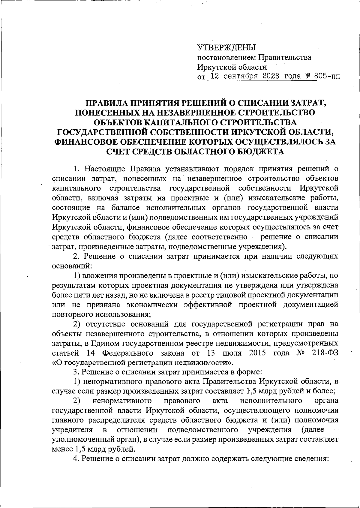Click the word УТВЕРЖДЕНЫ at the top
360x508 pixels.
coord(226,48)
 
